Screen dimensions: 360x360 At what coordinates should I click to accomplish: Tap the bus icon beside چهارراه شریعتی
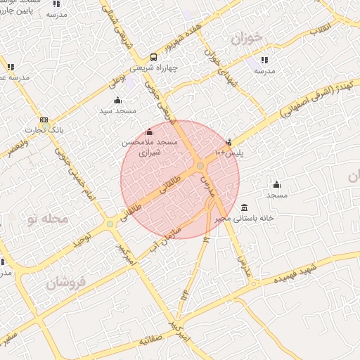point(154,58)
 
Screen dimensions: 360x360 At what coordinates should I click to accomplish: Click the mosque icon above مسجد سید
point(117,100)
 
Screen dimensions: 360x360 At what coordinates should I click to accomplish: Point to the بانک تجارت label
point(44,130)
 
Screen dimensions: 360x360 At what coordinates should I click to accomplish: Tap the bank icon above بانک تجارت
point(44,120)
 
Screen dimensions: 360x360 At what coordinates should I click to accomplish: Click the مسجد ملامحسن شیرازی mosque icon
point(148,131)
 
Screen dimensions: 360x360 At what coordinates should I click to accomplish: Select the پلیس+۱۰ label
point(229,152)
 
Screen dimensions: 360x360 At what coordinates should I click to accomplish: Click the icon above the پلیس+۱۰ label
point(229,142)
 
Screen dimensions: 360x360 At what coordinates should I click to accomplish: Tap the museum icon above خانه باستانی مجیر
point(244,207)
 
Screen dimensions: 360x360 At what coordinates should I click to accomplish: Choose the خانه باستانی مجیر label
point(244,218)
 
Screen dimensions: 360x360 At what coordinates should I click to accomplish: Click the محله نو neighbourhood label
point(47,219)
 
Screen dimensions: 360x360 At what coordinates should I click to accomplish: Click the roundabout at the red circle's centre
point(200,165)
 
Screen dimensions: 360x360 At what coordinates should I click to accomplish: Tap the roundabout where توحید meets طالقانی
point(110,224)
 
